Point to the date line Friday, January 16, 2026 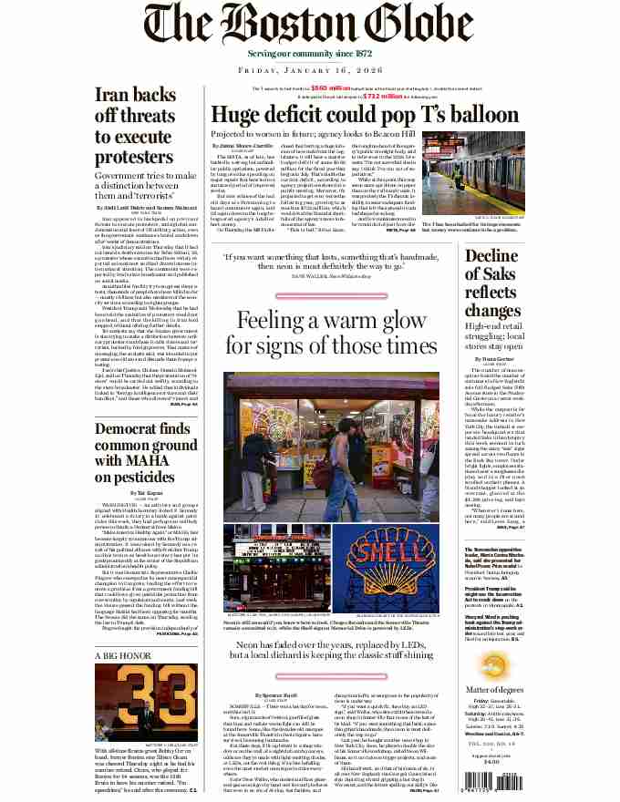309,69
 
